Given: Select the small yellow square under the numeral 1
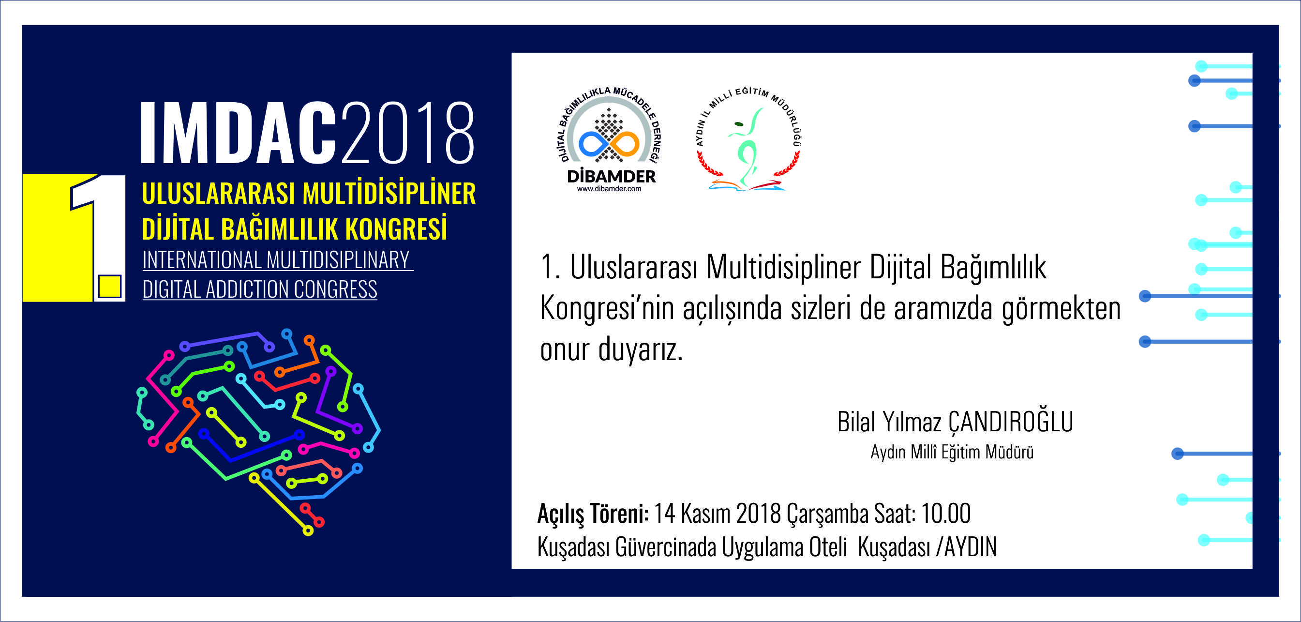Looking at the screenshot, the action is click(110, 287).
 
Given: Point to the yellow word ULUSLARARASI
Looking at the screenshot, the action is click(218, 194).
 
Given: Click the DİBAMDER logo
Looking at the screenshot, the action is click(611, 139).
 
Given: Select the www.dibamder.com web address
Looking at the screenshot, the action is click(609, 189).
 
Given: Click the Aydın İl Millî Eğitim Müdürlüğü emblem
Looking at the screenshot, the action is click(748, 139).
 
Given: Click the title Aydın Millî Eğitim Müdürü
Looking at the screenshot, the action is click(952, 452).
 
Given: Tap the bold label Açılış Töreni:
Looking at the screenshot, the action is click(593, 515).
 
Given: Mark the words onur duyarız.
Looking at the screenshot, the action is click(612, 350).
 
